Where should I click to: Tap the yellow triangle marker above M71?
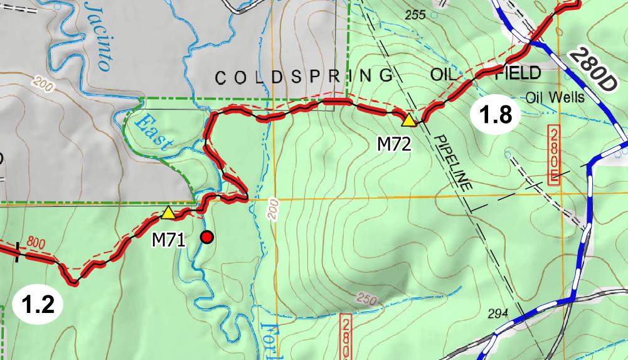(x=168, y=213)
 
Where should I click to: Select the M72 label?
(x=393, y=144)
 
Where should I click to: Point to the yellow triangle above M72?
(x=408, y=120)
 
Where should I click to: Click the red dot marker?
(x=206, y=237)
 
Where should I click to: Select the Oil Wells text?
(x=555, y=97)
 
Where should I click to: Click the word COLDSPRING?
(x=304, y=77)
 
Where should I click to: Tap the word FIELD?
(x=518, y=73)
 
